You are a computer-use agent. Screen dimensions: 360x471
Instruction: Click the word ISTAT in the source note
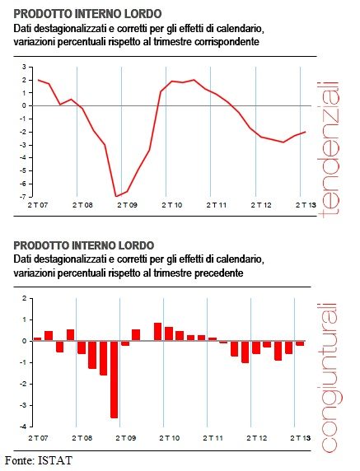point(55,460)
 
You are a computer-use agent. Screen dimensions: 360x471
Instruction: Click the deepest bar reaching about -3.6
point(115,380)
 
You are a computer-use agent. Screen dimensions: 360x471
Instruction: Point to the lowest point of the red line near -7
point(116,197)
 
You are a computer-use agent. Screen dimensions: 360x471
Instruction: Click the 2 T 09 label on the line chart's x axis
point(127,205)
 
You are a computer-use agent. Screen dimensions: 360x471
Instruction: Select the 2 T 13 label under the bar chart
point(300,438)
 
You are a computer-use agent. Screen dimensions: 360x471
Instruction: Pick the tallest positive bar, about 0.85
point(158,332)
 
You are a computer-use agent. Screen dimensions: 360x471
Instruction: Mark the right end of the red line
point(306,132)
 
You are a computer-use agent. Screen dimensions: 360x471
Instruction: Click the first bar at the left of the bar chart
point(38,339)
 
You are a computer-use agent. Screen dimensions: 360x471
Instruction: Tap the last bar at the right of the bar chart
point(300,343)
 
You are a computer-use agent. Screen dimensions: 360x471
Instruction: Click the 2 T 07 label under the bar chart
point(38,438)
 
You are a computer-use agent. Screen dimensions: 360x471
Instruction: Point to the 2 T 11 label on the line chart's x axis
point(217,205)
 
